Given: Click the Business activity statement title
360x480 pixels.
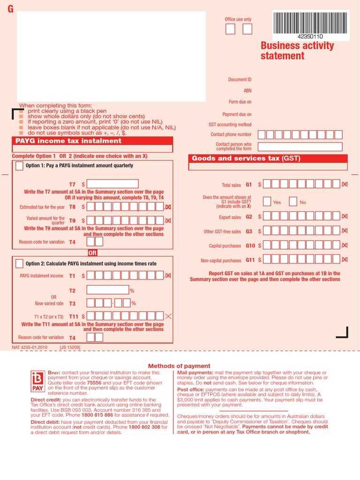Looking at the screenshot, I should click(297, 51).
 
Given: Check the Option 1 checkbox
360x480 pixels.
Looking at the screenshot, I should click(19, 165).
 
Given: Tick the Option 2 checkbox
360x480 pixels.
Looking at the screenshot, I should click(19, 263).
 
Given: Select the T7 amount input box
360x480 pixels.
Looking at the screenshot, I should click(112, 184).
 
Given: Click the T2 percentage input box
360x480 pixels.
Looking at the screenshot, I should click(107, 290).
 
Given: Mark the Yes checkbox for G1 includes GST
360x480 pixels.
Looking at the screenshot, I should click(267, 202).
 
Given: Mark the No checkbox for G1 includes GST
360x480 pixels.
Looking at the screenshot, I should click(293, 202).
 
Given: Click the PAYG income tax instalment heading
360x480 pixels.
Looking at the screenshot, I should click(68, 141).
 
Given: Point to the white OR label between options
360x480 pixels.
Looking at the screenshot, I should click(92, 253).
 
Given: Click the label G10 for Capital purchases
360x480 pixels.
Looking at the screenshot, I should click(250, 246).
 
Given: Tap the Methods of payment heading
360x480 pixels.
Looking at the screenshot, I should click(180, 366).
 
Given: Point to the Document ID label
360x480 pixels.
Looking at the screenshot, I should click(240, 80).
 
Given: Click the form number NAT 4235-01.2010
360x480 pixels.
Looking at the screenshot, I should click(30, 347).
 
